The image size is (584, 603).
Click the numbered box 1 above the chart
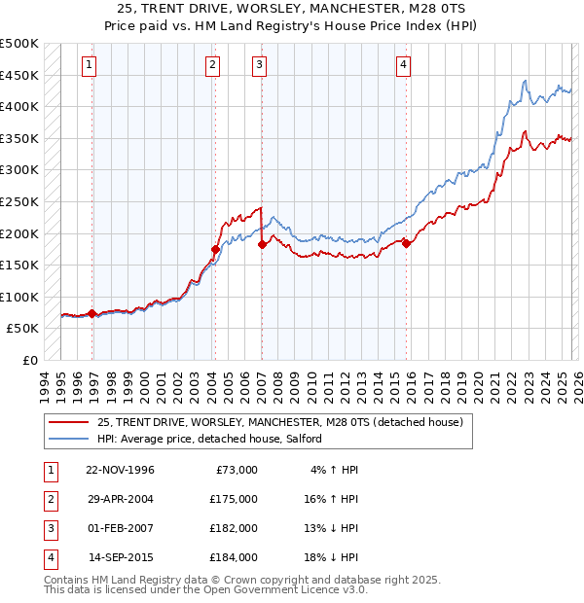tap(89, 65)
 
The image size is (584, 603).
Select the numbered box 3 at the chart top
tap(260, 65)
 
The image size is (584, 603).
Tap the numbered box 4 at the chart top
tap(402, 65)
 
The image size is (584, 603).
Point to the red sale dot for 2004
tap(215, 249)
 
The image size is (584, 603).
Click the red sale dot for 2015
tap(406, 243)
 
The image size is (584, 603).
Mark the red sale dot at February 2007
tap(262, 245)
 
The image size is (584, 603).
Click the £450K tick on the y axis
tap(19, 75)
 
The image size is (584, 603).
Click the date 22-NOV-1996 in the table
tap(120, 470)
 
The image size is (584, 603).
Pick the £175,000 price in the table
tap(234, 499)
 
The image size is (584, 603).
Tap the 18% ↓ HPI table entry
tap(332, 557)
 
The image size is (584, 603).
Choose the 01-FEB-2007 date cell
tap(120, 528)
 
